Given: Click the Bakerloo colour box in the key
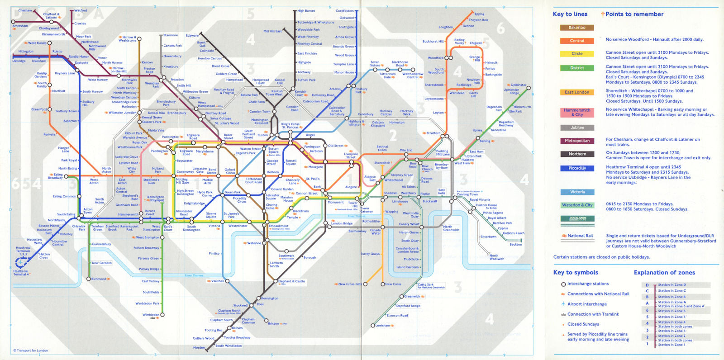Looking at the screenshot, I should point(577,28).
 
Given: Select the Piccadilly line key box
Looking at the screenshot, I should point(577,168).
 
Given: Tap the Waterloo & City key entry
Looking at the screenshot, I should point(577,205).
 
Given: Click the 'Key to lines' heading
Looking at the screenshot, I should point(570,14).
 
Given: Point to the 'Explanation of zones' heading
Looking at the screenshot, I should point(664,272).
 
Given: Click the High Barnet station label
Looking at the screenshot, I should point(306,11).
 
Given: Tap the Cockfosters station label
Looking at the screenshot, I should point(344,11).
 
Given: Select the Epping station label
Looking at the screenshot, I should point(479,14).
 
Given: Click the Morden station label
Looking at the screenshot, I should point(199,348).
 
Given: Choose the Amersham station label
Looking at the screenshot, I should point(20,26).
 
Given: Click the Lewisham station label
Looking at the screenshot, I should point(382,326).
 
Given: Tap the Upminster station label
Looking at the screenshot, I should point(519,85).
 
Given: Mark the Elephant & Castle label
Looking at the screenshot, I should point(291,281).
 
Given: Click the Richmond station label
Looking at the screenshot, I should point(99,279).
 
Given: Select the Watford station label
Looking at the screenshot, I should point(81,10).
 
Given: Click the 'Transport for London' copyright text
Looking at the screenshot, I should point(31,351).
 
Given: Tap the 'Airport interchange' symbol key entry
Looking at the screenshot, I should point(587,304).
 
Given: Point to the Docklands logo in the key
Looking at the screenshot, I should point(577,219).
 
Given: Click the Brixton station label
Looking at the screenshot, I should point(273,323).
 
